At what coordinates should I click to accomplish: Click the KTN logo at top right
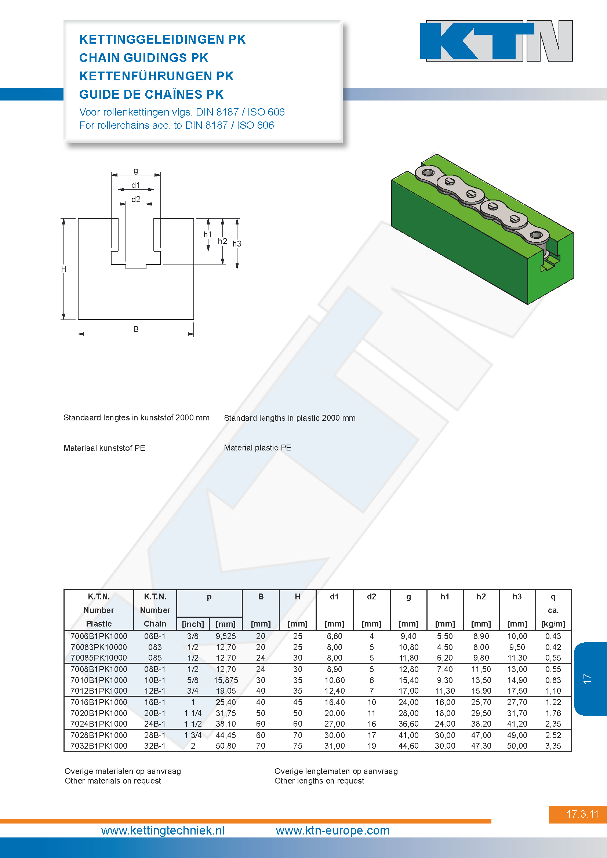coord(497,41)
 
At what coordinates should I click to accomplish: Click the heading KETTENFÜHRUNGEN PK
coord(156,76)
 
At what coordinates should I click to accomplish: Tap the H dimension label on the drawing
coord(64,269)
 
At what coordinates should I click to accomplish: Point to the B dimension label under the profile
coord(136,329)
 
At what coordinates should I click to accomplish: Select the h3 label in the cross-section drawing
coord(237,244)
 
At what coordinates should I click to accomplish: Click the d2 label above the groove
coord(136,200)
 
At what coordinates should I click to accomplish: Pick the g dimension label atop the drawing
coord(136,171)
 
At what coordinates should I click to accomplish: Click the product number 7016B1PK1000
coord(99,702)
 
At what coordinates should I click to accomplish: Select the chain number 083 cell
coord(155,647)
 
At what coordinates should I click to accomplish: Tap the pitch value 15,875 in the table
coord(226,680)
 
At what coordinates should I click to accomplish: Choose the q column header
coord(553,597)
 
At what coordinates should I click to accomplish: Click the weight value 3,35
coord(553,746)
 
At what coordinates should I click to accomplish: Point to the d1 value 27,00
coord(335,724)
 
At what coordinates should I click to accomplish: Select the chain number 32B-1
coord(155,746)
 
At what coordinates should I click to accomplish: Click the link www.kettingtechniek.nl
coord(163,830)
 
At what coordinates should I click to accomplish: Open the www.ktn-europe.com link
coord(332,830)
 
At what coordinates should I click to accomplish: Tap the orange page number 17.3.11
coord(582,814)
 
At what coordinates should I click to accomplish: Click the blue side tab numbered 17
coord(590,679)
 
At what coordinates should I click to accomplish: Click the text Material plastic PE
coord(258,448)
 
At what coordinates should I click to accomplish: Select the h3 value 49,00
coord(517,735)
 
